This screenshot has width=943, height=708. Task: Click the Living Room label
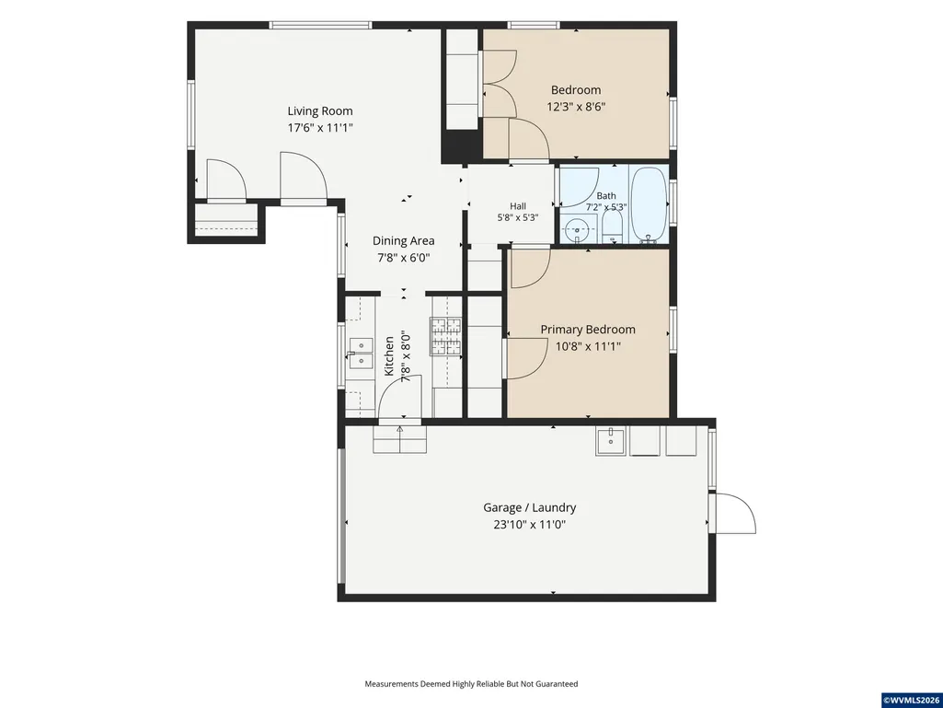click(320, 110)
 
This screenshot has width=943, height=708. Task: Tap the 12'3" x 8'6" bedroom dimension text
click(576, 107)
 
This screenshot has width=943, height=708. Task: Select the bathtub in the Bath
click(649, 204)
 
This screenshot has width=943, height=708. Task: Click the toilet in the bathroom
click(612, 226)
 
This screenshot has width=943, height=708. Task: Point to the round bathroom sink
click(578, 228)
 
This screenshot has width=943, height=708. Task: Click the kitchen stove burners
click(445, 336)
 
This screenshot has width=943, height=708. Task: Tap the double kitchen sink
click(361, 354)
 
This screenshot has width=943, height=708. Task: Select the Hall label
click(518, 206)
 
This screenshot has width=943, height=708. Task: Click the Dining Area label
click(404, 241)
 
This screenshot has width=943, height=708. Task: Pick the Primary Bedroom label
click(588, 330)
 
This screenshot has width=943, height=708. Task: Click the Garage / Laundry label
click(530, 507)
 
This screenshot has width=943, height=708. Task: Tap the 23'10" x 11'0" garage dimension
click(530, 525)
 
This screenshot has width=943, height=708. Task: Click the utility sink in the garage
click(611, 441)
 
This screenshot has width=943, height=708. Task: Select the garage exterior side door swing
click(735, 514)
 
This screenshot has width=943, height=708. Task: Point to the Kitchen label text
click(389, 355)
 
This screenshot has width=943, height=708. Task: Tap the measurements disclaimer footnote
click(471, 684)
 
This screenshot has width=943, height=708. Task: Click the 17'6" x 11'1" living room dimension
click(320, 128)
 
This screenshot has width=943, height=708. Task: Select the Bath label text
click(606, 196)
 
